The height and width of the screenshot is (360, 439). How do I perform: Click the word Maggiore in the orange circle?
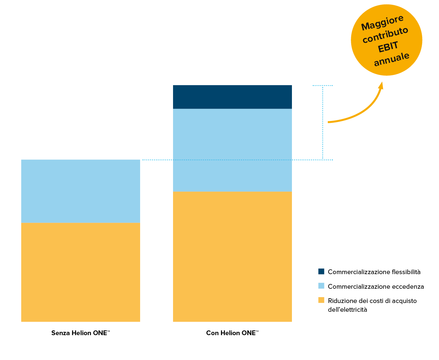coord(382,23)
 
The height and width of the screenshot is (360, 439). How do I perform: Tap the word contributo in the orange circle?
coord(385,35)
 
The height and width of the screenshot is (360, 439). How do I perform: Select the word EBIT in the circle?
coord(388,47)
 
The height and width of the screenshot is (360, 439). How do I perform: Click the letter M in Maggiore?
coord(365,27)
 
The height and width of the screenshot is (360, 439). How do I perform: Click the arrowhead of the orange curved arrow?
coord(381,86)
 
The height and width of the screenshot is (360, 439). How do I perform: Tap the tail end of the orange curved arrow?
coord(329,122)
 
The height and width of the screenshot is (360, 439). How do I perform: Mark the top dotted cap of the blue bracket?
coord(323,86)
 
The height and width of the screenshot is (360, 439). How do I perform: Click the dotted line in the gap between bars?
coord(157,160)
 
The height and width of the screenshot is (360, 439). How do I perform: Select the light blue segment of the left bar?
coord(80,191)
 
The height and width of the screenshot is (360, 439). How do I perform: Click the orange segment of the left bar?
coord(80,272)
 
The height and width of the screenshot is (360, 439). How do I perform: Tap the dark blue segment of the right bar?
coord(232,97)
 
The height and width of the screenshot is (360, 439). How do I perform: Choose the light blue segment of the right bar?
coord(232,150)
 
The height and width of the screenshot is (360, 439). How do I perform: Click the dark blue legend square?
coord(321,271)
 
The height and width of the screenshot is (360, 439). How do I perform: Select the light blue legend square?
coord(321,285)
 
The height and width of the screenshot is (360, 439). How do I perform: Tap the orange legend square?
coord(321,300)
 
